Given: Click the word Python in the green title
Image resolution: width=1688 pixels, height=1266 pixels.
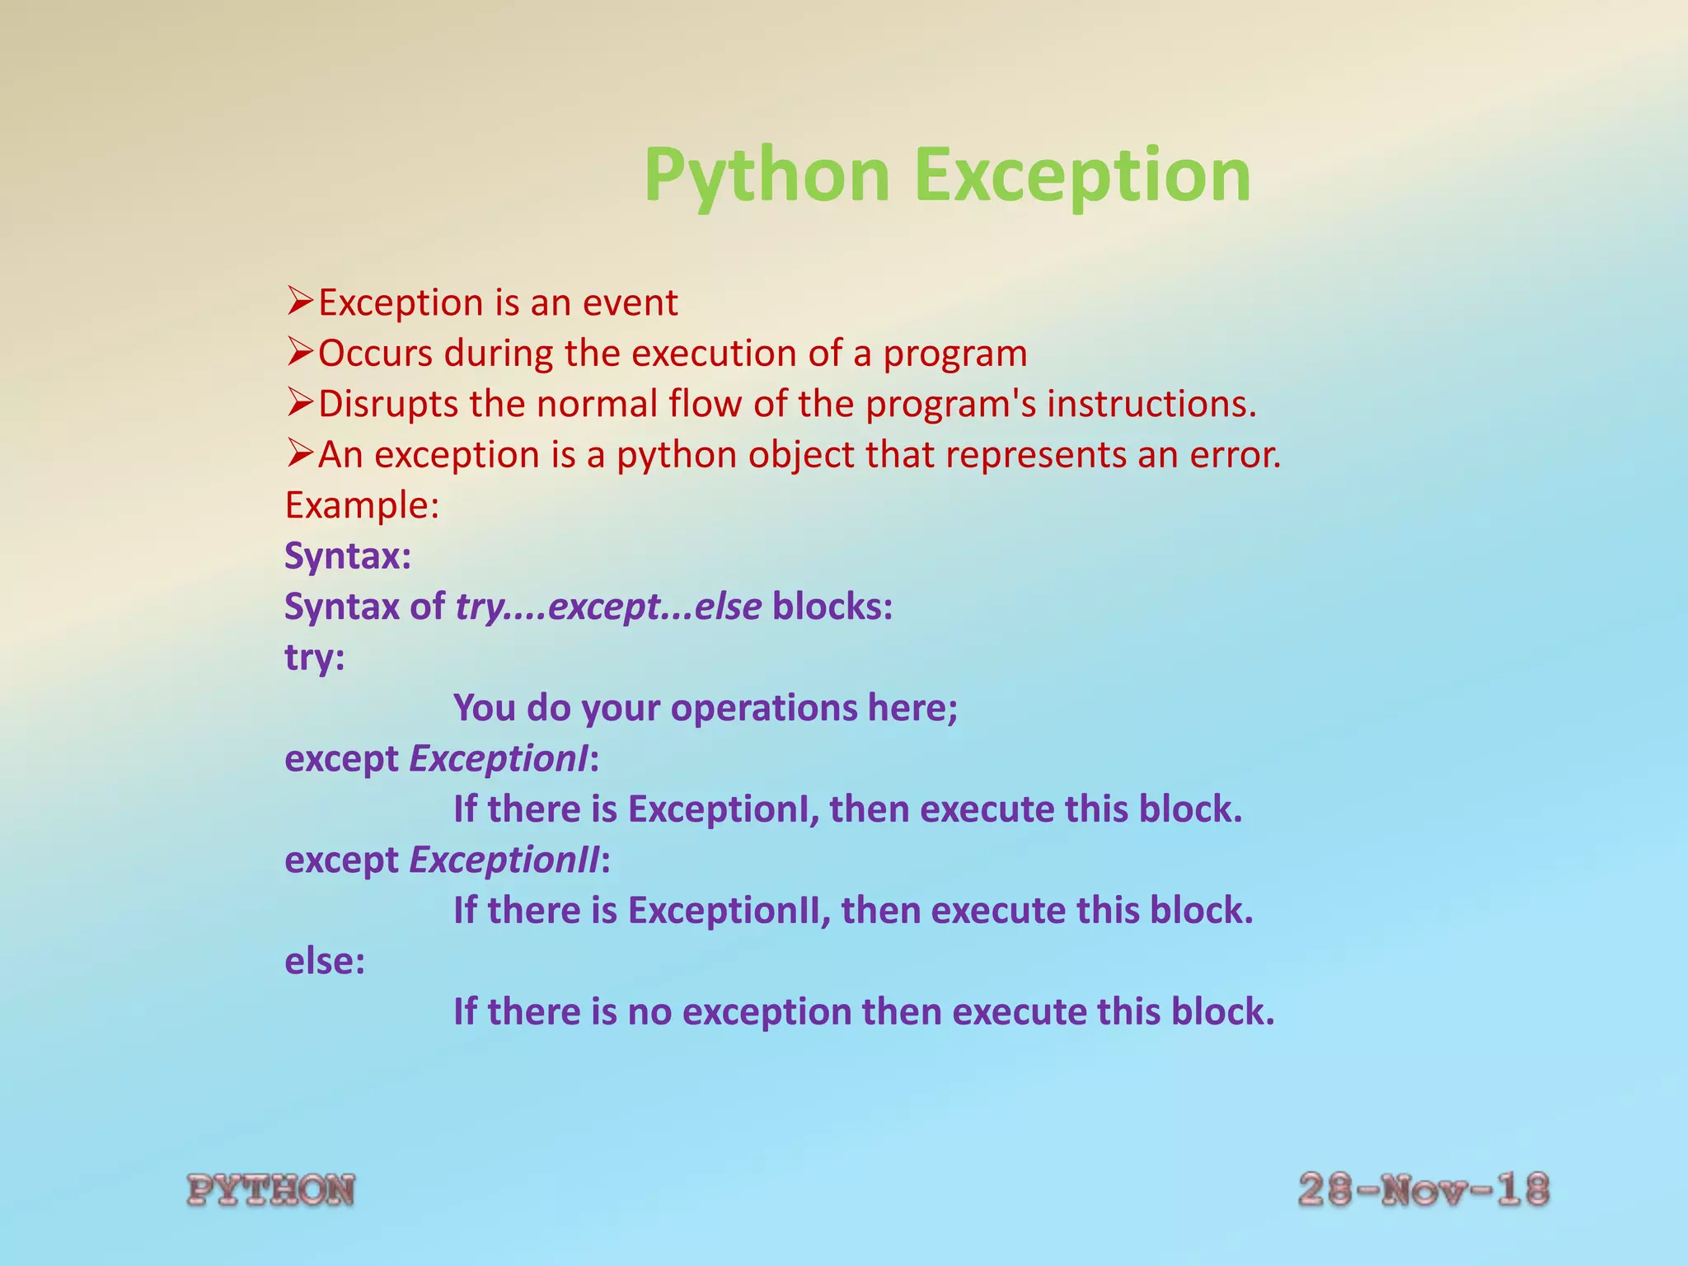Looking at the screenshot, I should point(767,176).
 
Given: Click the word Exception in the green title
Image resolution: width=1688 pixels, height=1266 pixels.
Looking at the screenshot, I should point(1082,176).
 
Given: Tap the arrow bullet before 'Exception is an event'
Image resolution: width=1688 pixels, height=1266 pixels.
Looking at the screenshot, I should point(299,302).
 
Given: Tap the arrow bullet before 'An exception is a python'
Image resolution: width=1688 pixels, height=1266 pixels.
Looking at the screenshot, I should point(299,453).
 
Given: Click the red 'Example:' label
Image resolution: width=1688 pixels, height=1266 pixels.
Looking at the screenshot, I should point(362,505).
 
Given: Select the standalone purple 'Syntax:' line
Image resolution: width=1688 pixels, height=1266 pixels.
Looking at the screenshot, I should point(347,556).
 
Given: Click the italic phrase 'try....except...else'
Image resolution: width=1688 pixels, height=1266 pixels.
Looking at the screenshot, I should point(608,607).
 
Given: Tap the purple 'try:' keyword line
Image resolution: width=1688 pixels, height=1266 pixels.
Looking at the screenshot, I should point(314,659).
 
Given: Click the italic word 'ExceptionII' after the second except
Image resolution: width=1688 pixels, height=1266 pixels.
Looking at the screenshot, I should point(504,860).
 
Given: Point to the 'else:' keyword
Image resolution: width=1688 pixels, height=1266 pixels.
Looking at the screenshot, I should point(324,961).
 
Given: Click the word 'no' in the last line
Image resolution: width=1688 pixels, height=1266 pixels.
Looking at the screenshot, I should point(649,1012).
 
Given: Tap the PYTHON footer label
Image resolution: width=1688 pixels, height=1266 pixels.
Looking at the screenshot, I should point(271,1190).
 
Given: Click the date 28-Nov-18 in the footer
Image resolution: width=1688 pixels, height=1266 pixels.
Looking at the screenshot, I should point(1423,1190).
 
